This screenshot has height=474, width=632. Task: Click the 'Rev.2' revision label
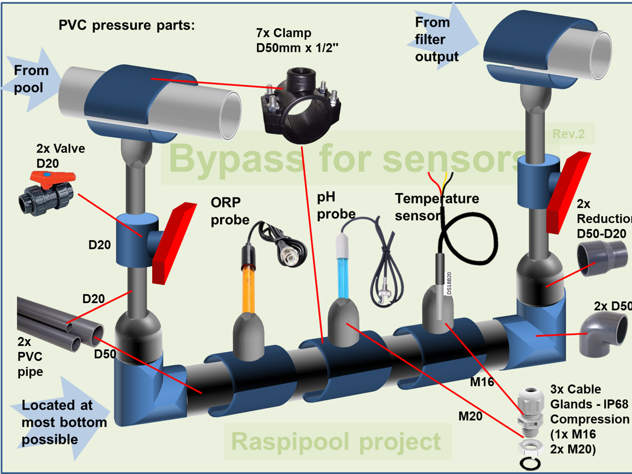point(568,134)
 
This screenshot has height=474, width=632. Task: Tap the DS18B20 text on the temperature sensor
point(450,283)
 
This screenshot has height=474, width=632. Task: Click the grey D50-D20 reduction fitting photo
point(602,256)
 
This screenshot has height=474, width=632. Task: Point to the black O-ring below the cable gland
point(530,463)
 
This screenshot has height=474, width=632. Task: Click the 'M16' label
point(482,382)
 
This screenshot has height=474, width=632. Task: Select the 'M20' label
point(470,416)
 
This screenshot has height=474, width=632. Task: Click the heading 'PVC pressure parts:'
point(126,25)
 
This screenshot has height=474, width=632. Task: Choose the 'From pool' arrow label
point(31,79)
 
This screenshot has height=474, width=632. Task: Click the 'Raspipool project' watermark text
point(336,442)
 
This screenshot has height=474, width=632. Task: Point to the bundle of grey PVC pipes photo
point(59,325)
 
